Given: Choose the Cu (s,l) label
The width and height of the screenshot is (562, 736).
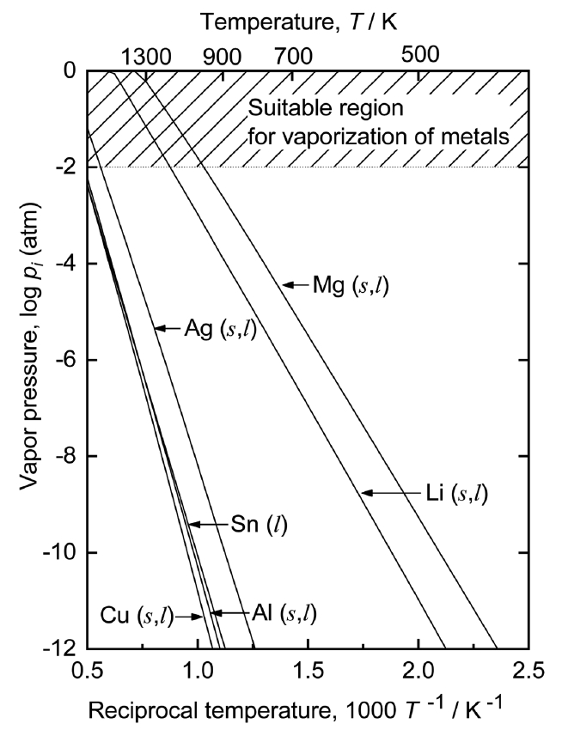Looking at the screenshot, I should click(x=137, y=617).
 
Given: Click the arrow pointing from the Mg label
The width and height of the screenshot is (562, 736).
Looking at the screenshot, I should click(x=296, y=284).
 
